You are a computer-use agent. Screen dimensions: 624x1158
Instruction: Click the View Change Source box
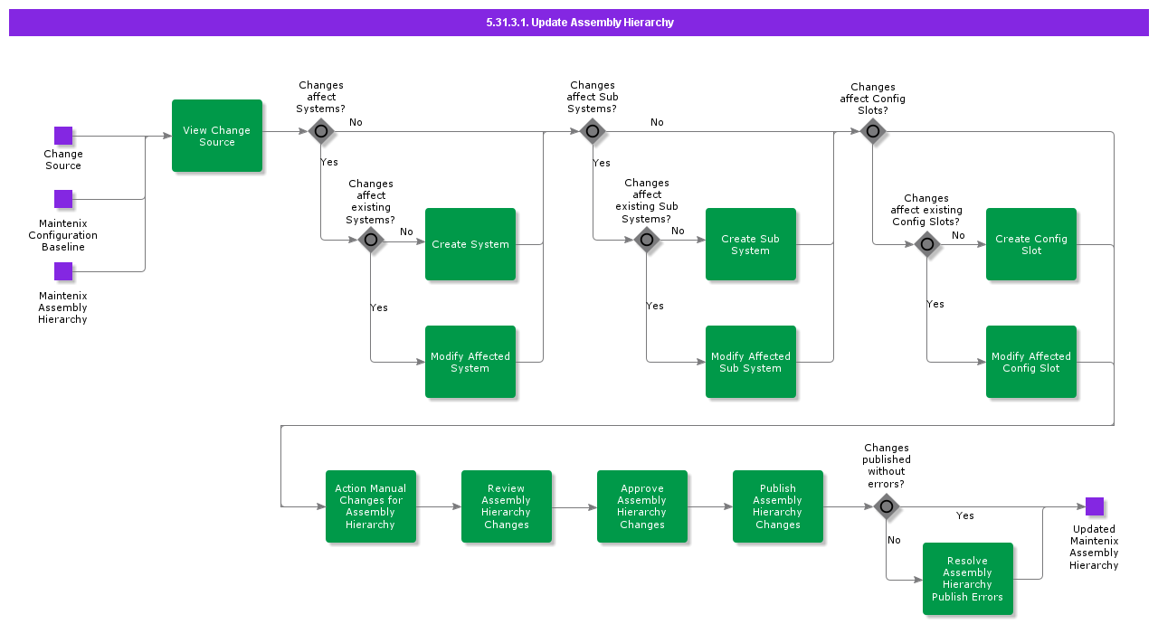(217, 136)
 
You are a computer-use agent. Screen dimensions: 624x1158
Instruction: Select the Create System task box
(470, 244)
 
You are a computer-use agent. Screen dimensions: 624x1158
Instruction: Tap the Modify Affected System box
(470, 362)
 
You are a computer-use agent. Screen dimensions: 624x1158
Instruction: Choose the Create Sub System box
(751, 244)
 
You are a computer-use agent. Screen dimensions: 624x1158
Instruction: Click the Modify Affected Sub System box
(751, 362)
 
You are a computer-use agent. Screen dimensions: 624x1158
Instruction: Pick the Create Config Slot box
(1031, 244)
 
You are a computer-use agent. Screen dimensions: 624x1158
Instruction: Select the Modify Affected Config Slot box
(1031, 362)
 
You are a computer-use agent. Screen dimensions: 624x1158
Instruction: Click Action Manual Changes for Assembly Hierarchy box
(371, 506)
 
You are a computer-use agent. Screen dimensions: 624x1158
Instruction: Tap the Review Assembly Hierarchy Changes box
(507, 506)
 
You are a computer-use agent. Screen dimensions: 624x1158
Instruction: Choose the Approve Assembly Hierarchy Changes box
(642, 506)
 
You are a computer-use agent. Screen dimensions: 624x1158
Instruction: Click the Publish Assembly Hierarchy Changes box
(778, 506)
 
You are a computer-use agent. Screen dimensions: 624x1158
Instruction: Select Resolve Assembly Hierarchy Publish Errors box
(968, 579)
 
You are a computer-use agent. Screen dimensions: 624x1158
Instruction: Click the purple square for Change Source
(63, 136)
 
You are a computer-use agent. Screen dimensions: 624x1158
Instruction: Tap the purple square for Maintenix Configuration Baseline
(63, 199)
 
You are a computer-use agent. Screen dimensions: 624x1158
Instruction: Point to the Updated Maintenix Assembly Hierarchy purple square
(1095, 506)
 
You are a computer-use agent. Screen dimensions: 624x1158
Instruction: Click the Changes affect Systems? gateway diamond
(321, 131)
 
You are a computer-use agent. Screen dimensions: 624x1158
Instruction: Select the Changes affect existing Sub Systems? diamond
(647, 240)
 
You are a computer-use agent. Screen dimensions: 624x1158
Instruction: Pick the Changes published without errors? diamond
(887, 506)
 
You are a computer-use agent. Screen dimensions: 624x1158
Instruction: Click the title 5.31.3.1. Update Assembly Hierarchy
(579, 23)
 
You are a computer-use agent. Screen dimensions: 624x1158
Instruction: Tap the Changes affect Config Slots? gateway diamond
(873, 131)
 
